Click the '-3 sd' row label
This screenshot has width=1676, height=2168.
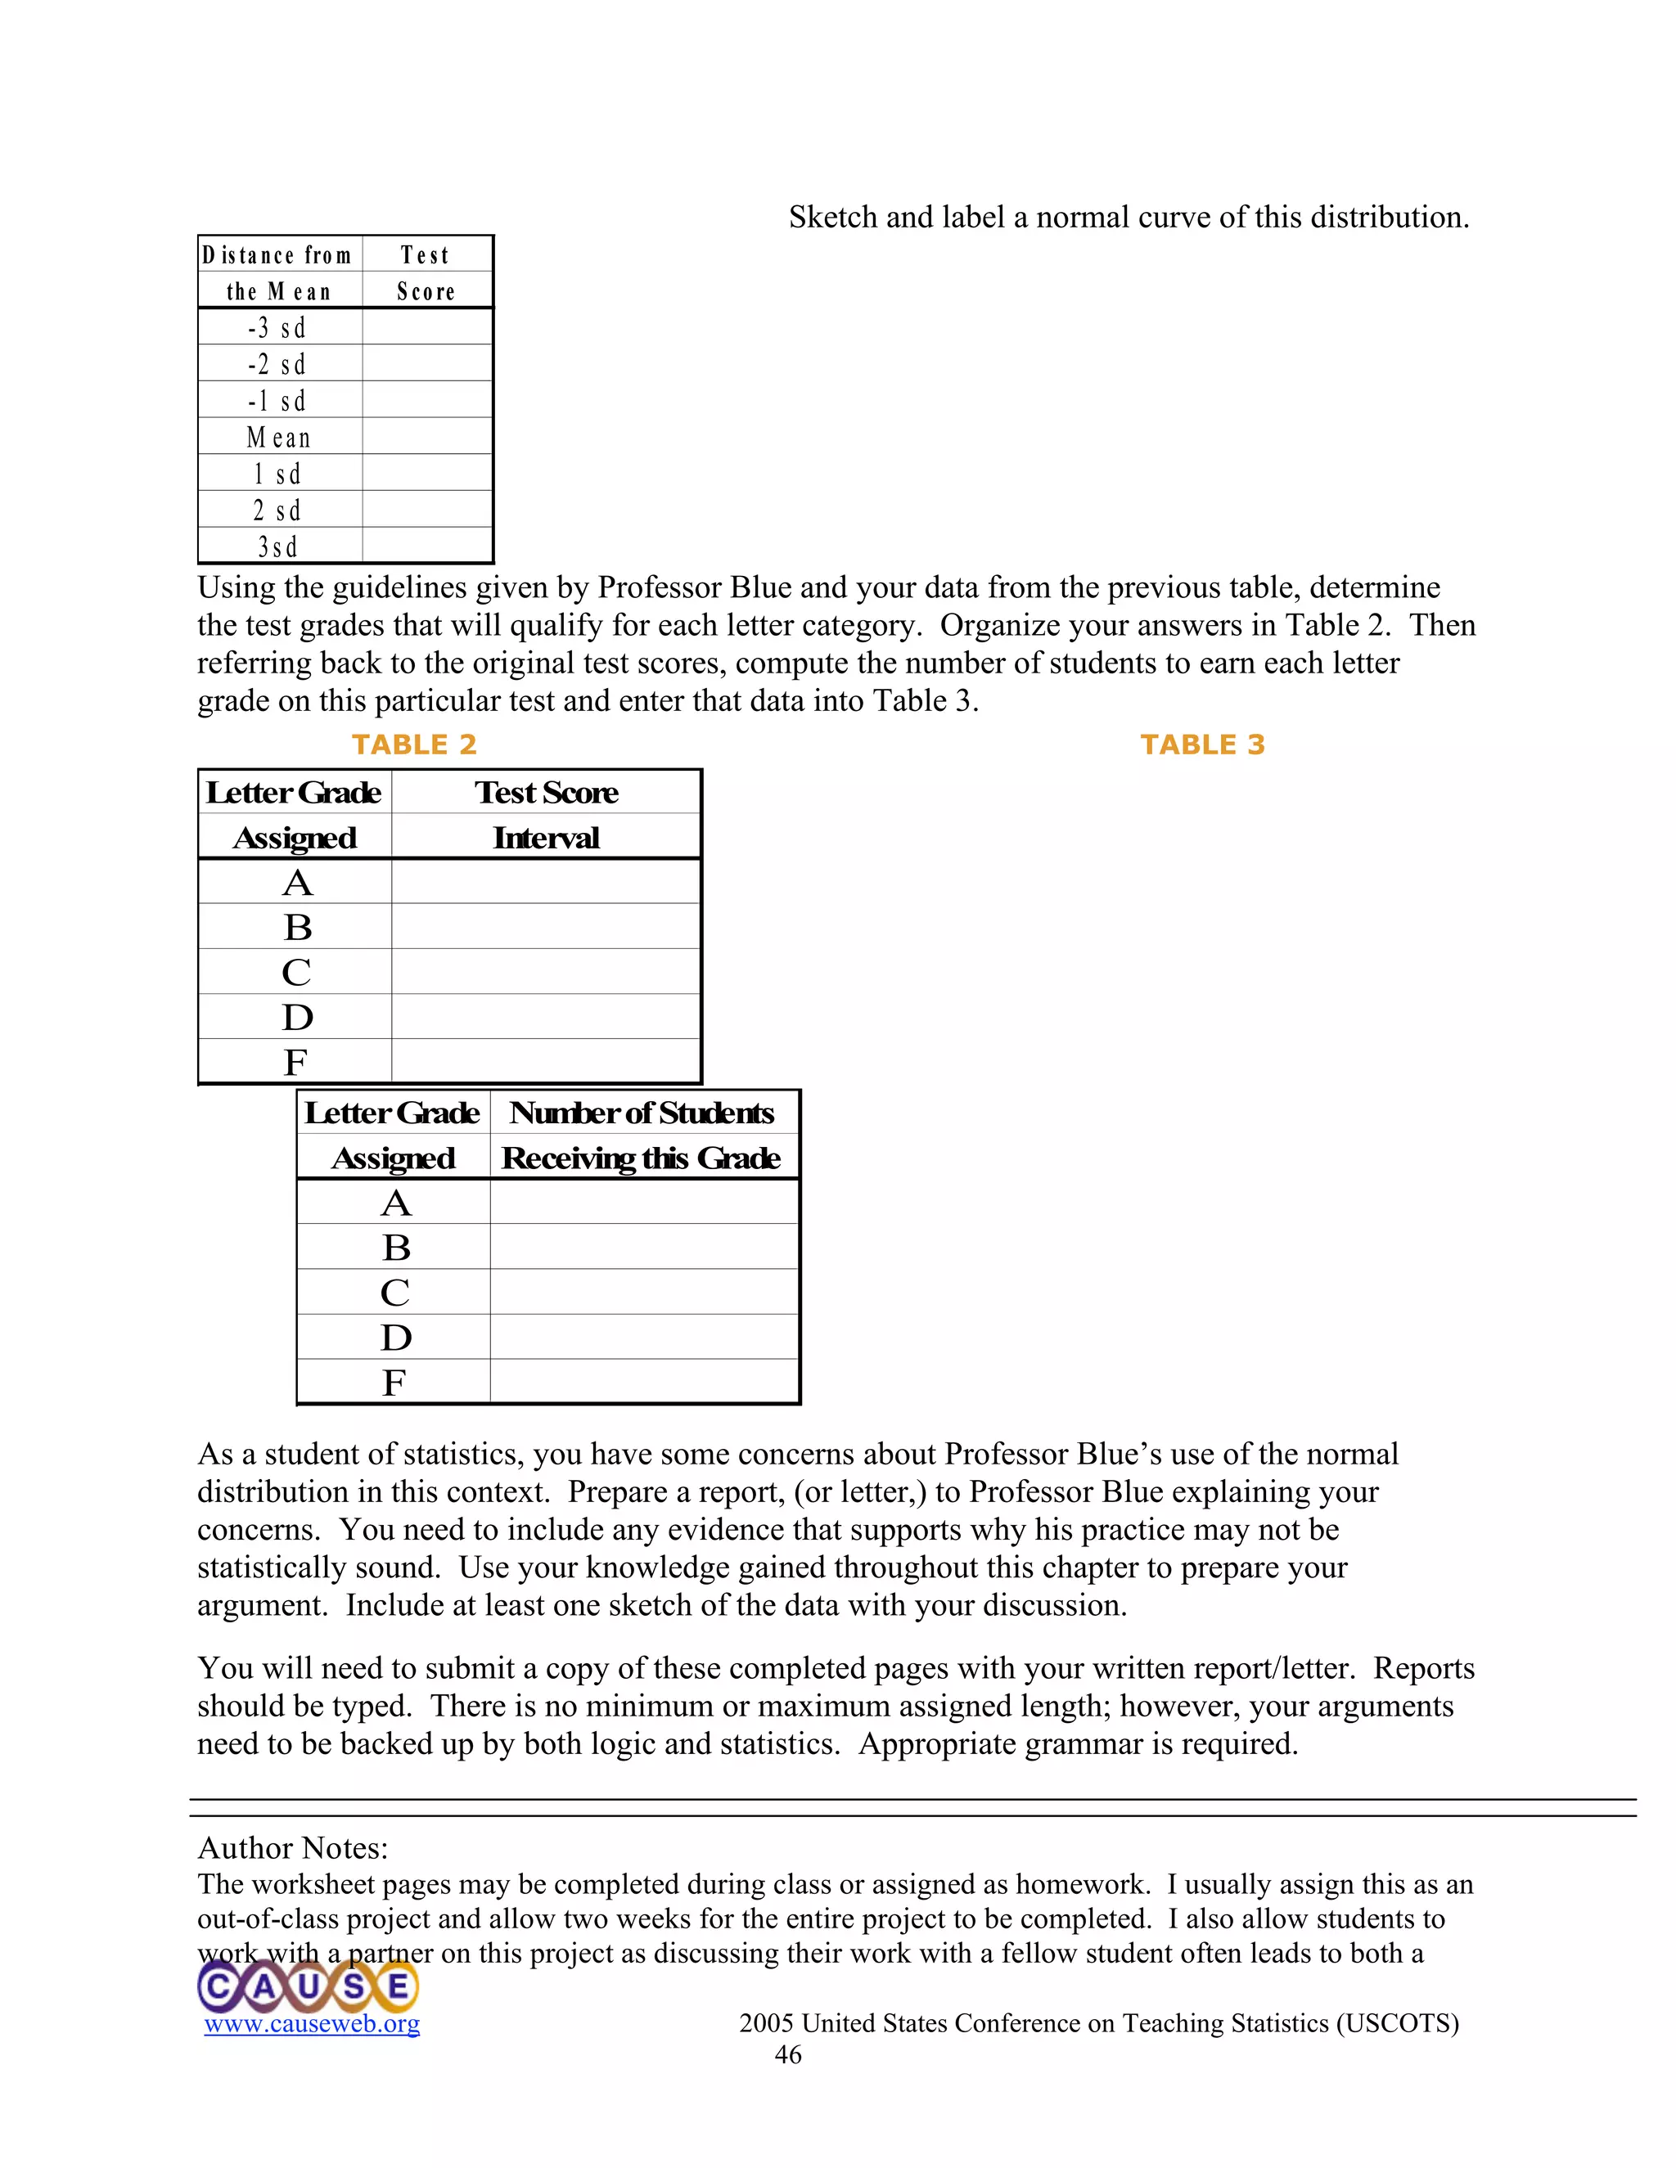tap(277, 327)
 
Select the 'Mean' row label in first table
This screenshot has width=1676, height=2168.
tap(279, 438)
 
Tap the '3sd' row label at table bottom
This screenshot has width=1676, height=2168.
tap(278, 547)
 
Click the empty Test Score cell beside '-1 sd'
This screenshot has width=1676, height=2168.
tap(427, 401)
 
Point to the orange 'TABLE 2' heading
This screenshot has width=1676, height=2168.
tap(414, 744)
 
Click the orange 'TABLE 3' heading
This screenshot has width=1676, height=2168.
tap(1202, 744)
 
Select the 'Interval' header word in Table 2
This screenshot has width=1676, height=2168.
tap(546, 838)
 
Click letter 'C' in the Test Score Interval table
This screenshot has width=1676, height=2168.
tap(296, 972)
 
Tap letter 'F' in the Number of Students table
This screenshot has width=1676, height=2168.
tap(394, 1382)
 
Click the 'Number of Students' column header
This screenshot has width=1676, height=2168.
tap(642, 1113)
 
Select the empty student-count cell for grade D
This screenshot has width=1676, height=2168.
tap(644, 1337)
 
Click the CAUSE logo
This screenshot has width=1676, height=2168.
tap(308, 1986)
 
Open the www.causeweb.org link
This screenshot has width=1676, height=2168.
tap(312, 2023)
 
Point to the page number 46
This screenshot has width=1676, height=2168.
tap(788, 2055)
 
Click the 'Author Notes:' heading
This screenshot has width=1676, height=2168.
tap(293, 1847)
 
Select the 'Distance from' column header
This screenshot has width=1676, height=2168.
tap(277, 255)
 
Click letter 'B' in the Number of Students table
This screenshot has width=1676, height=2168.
tap(396, 1247)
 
